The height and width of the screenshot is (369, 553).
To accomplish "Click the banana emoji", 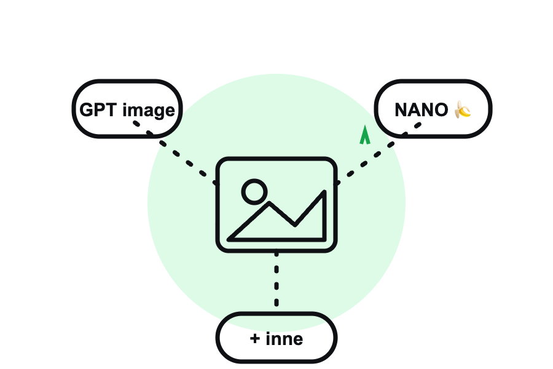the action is click(x=463, y=109).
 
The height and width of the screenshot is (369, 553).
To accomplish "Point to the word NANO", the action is click(x=422, y=110).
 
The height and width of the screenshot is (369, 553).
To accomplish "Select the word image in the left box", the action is click(x=149, y=111).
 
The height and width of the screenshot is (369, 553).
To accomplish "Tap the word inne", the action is click(x=284, y=339).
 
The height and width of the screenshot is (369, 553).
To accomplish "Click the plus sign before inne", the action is click(x=255, y=339).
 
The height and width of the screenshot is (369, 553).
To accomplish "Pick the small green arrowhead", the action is click(x=365, y=136).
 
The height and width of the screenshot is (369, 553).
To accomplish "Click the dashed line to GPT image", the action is click(x=175, y=153).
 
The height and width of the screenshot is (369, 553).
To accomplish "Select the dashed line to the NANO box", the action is click(x=378, y=154).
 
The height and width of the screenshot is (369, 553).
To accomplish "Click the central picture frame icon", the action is click(x=276, y=159).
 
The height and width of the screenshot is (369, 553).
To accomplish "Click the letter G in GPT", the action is click(x=87, y=110).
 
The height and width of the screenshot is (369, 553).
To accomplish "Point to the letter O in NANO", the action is click(x=441, y=110).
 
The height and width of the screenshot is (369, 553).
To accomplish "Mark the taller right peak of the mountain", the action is click(x=324, y=192).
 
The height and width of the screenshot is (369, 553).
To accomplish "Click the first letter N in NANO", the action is click(x=401, y=110).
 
